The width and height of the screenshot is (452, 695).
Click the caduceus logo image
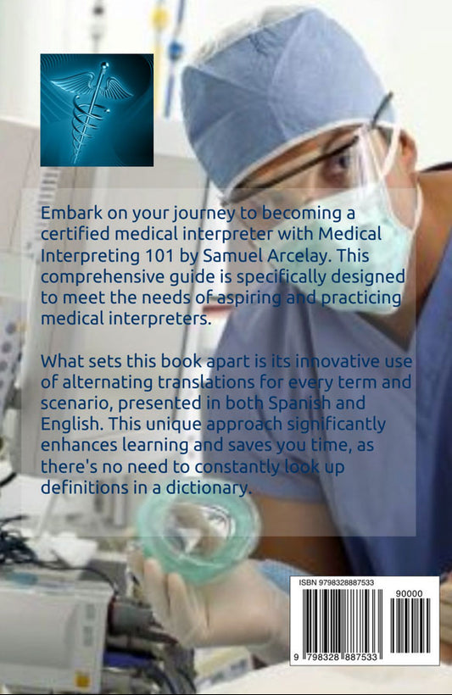click(x=97, y=110)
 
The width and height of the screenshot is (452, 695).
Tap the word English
click(x=72, y=425)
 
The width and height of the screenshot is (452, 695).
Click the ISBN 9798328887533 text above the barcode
click(x=336, y=582)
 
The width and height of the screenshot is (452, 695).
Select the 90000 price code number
click(x=410, y=593)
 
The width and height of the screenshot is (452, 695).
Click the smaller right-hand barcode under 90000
click(x=410, y=625)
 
